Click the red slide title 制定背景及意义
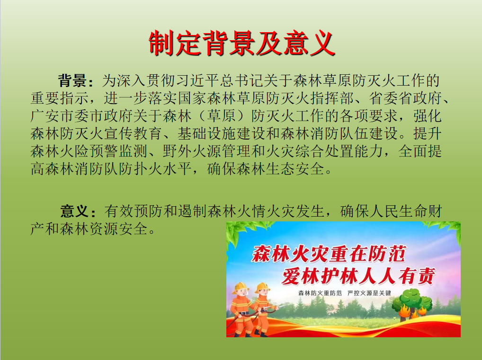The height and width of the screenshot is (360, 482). click(x=241, y=44)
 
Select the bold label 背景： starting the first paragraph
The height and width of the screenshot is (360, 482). click(x=76, y=80)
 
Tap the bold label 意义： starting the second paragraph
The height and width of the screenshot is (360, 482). click(x=78, y=211)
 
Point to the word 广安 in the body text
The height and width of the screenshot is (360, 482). click(x=45, y=116)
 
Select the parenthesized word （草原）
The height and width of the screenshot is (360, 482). click(x=222, y=116)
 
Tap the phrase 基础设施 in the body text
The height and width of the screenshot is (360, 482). click(x=207, y=133)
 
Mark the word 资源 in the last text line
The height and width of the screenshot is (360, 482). click(x=104, y=229)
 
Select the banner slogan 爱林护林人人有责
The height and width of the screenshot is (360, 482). click(x=358, y=276)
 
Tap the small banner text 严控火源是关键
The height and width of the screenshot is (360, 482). click(x=369, y=293)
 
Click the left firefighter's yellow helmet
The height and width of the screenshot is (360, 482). click(x=240, y=288)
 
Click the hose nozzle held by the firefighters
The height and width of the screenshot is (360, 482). click(x=273, y=307)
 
